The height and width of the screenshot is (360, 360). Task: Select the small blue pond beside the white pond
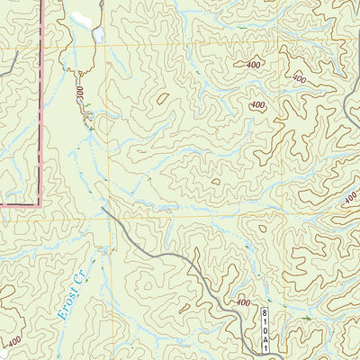click(x=97, y=36)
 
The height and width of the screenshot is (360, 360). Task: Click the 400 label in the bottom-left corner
click(x=13, y=342)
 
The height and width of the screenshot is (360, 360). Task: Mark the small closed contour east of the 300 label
click(x=163, y=99)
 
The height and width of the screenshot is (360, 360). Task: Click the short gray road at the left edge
click(x=9, y=63)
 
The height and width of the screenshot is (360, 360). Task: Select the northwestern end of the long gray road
click(x=103, y=209)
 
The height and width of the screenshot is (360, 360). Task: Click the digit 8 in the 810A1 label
click(x=264, y=311)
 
